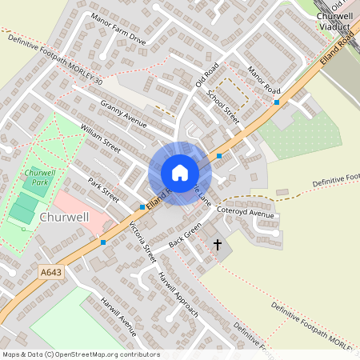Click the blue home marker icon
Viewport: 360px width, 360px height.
(x=180, y=173)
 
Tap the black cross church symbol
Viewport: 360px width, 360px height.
(x=217, y=245)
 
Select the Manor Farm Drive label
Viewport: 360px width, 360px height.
(x=118, y=29)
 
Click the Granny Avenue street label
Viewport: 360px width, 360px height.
(x=123, y=114)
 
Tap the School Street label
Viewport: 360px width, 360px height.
(x=222, y=105)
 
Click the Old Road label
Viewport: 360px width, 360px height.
(x=206, y=78)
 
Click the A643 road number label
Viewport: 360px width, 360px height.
(x=51, y=273)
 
